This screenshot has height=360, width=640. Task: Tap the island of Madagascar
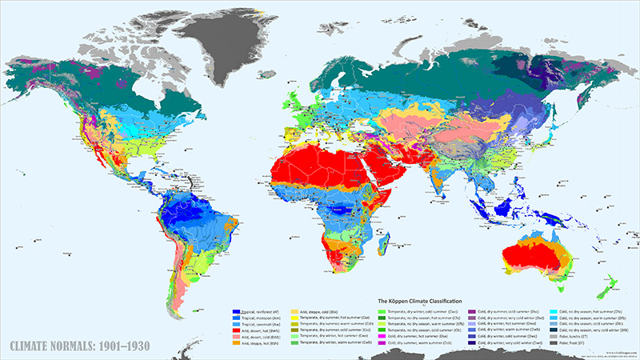tap(386, 238)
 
